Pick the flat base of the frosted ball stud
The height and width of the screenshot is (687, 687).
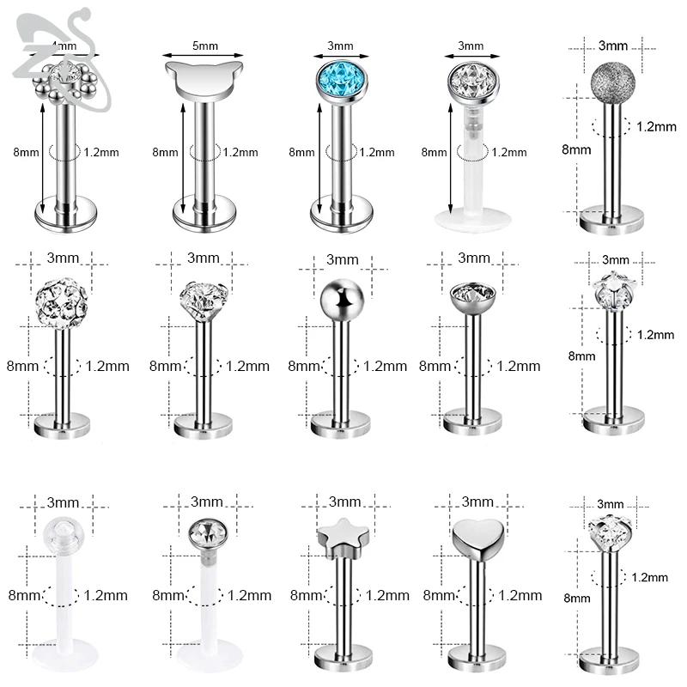(612, 221)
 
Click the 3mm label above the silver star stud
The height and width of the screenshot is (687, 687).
(343, 502)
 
